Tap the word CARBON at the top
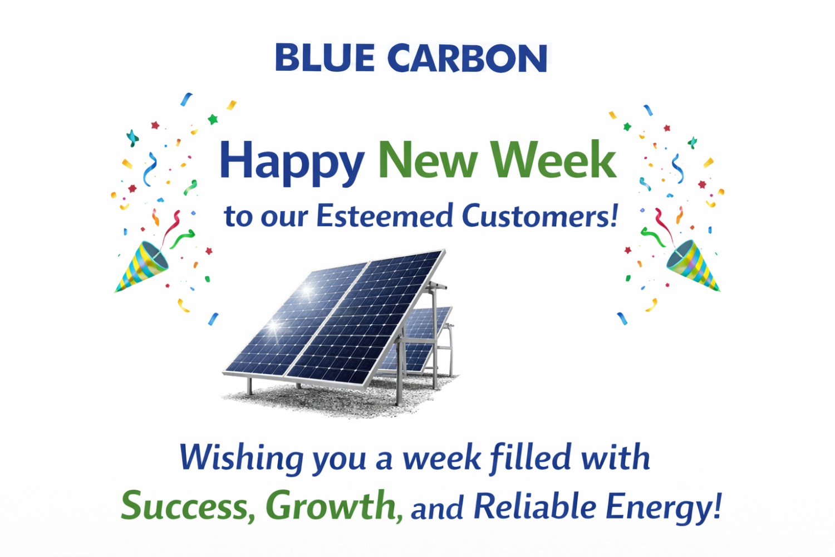click(x=467, y=58)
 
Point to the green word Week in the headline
click(x=553, y=160)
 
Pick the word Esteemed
click(x=385, y=216)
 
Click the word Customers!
click(x=540, y=216)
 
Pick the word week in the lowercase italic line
click(x=441, y=458)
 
